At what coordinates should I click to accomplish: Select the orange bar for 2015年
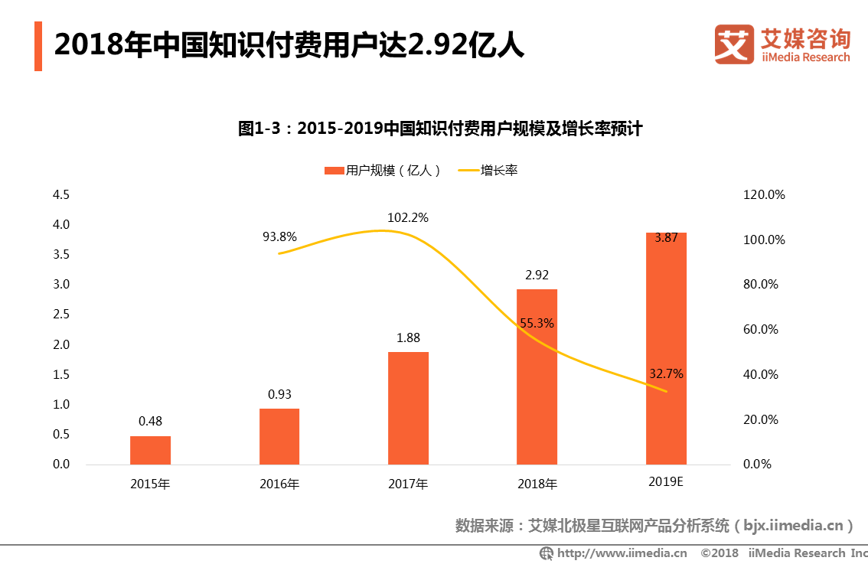pos(150,450)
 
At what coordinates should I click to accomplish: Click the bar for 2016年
pos(279,436)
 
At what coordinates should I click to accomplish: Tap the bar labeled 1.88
pos(408,408)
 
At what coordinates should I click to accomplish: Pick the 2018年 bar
pos(537,377)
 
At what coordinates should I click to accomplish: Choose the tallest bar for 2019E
pos(666,348)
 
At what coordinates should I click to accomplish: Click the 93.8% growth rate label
pos(279,236)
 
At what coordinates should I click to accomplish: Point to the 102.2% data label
pos(408,218)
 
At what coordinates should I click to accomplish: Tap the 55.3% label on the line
pos(537,324)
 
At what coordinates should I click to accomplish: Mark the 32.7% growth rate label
pos(666,374)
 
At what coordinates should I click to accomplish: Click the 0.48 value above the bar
pos(150,421)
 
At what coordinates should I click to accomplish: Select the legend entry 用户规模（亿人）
pos(383,171)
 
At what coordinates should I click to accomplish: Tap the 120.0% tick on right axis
pos(764,195)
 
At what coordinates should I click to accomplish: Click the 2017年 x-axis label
pos(408,484)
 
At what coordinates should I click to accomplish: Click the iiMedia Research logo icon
pos(734,44)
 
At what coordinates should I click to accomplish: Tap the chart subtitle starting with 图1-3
pos(439,129)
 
